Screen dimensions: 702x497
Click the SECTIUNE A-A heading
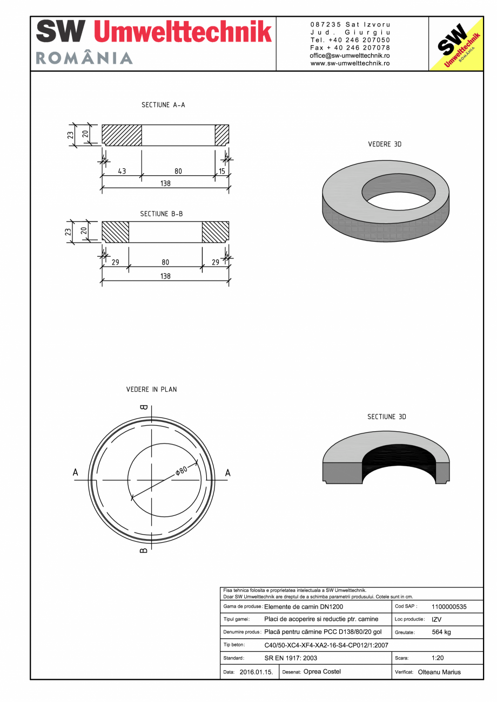tap(163, 105)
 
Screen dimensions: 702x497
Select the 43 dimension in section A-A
tap(122, 171)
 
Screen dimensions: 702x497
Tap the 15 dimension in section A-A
tap(221, 171)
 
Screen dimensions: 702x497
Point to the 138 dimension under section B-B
tap(165, 276)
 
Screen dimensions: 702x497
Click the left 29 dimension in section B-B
tap(115, 262)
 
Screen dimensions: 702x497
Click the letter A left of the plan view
tap(76, 473)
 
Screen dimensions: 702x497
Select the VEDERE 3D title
tap(385, 145)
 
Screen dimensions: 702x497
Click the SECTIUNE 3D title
tap(386, 417)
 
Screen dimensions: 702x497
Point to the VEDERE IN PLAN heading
tap(151, 389)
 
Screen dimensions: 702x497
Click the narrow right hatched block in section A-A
tap(222, 135)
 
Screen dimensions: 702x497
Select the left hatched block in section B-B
tap(116, 232)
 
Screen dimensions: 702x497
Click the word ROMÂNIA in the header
tap(84, 58)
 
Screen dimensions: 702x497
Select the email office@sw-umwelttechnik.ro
tap(350, 56)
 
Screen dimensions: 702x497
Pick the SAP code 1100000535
tap(449, 606)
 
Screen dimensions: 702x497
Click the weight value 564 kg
tap(441, 632)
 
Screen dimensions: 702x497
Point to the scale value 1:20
tap(438, 658)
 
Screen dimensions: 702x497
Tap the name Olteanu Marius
tap(439, 672)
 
